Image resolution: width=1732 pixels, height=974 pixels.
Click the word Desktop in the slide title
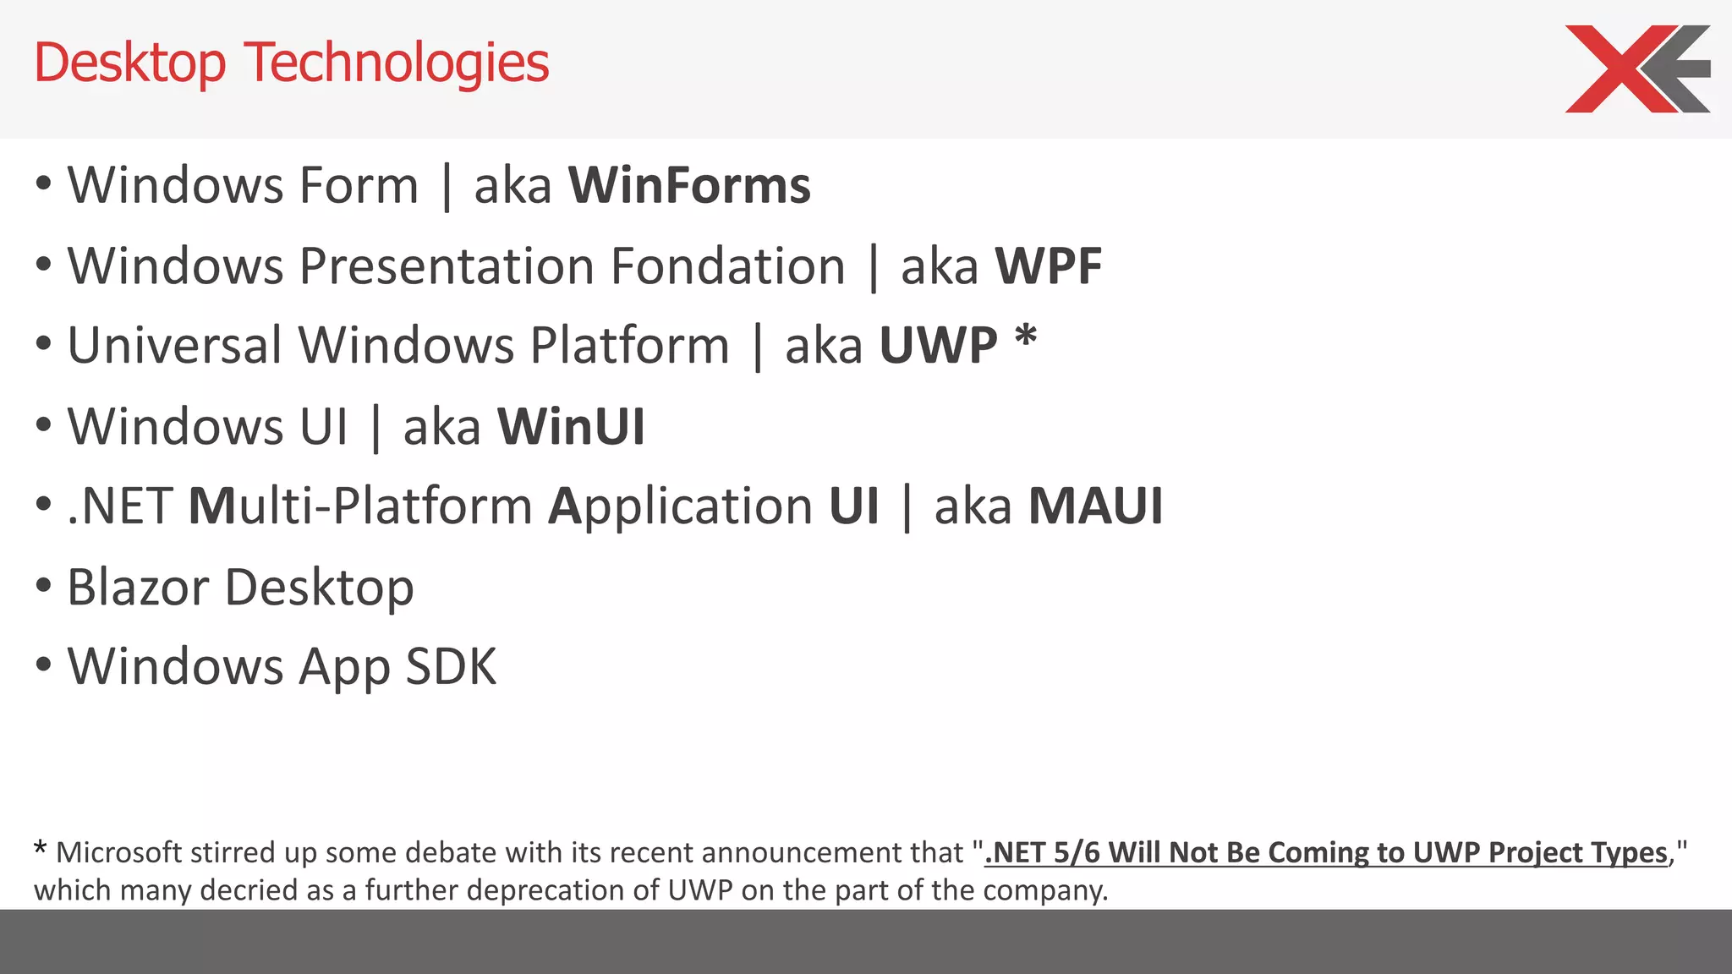coord(130,64)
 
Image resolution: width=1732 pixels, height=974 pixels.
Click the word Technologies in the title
coord(397,64)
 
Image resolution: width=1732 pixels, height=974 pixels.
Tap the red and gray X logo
coord(1636,68)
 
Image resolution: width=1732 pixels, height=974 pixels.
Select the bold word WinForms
coord(689,185)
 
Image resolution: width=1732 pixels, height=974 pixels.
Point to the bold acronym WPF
coord(1049,266)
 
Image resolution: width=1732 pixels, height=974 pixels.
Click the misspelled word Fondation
coord(727,266)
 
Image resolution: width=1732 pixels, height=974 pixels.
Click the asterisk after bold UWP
coord(1025,338)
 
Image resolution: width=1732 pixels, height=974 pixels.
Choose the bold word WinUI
coord(571,426)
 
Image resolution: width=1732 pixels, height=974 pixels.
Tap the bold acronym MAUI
coord(1095,506)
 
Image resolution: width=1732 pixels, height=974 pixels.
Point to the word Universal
coord(174,346)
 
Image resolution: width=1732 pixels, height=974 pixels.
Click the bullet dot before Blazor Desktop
coord(44,585)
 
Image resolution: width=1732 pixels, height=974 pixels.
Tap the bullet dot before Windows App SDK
coord(44,665)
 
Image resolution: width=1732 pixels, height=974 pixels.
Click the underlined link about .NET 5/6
coord(1326,852)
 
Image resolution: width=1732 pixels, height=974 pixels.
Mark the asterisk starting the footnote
coord(40,848)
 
